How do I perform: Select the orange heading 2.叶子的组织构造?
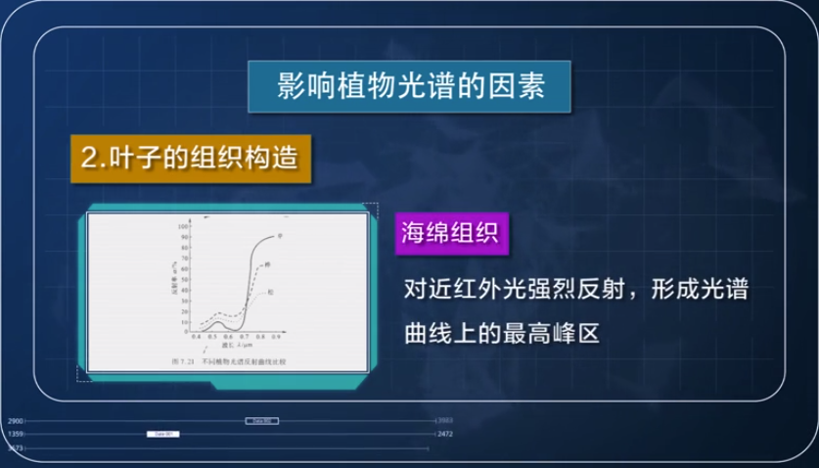point(185,157)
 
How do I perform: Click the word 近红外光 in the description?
point(480,291)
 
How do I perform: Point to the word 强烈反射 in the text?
point(579,291)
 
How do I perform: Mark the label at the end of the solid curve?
point(280,235)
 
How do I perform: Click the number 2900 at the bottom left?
point(15,420)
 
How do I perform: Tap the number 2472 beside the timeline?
point(445,433)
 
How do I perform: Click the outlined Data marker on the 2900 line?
point(261,420)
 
